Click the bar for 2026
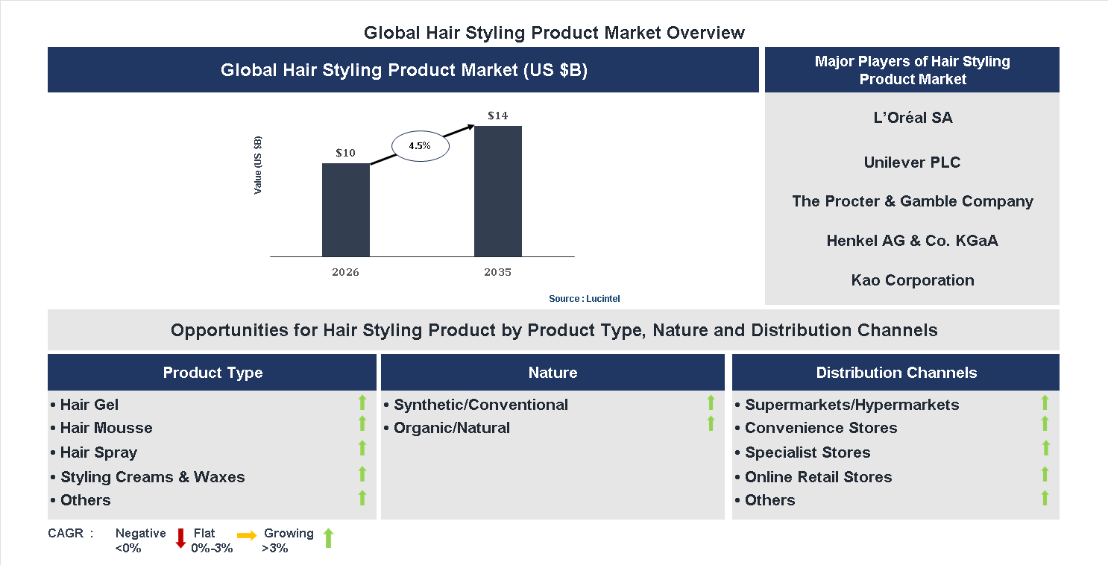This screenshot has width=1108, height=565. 345,209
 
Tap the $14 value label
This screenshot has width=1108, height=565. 497,116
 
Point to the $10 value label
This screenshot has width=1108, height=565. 345,153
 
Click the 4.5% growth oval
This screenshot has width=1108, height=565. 419,146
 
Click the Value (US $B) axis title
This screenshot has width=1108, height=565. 258,165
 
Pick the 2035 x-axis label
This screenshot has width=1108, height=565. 497,272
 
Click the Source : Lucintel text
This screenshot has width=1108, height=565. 584,298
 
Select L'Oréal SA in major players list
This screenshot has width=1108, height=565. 912,118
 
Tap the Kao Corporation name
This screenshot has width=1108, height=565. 912,280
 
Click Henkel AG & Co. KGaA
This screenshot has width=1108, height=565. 912,241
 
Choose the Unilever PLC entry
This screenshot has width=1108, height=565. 912,162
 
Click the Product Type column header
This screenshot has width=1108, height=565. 213,373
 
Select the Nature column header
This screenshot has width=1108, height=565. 553,373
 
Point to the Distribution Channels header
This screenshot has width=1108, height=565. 895,373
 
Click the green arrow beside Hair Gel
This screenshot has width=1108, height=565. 362,403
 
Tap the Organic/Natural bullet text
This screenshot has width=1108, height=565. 451,428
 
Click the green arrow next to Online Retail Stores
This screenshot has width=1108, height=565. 1045,474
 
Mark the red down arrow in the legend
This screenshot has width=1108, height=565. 180,538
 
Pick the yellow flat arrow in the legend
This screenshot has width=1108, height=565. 247,535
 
